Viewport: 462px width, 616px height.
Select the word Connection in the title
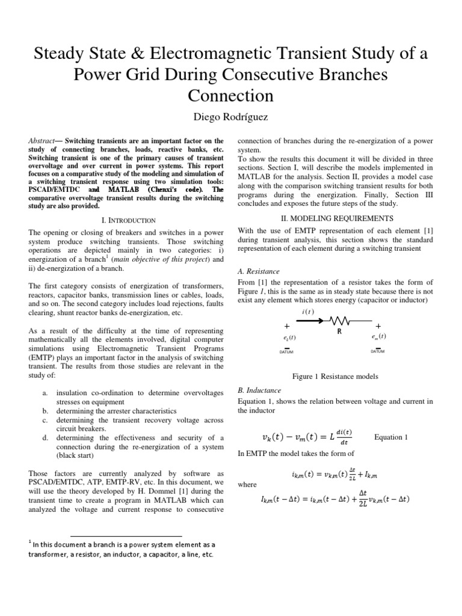click(x=230, y=96)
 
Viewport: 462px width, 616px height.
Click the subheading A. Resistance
click(x=259, y=271)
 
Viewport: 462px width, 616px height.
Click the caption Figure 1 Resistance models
click(x=335, y=376)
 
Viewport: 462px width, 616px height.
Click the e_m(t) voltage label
click(x=379, y=336)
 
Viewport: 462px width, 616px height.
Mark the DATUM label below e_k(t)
click(x=287, y=353)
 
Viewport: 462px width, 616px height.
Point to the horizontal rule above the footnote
click(x=126, y=536)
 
